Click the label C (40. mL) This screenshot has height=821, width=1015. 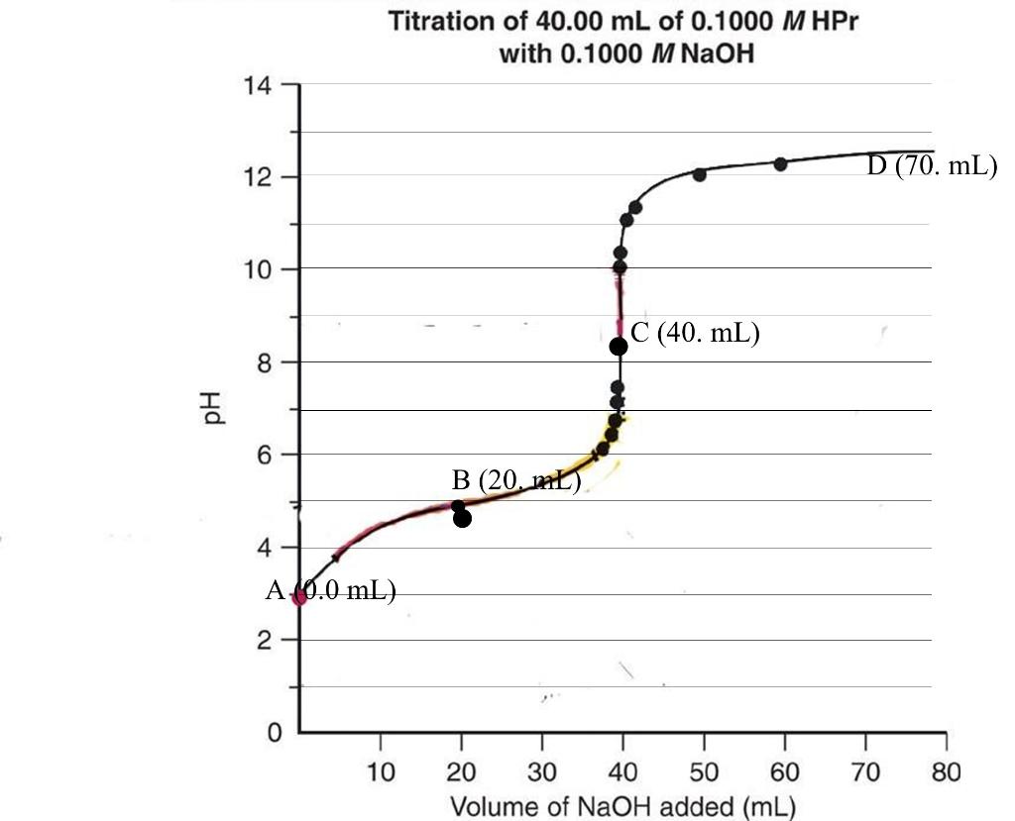point(695,334)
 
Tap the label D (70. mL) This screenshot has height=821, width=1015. point(932,166)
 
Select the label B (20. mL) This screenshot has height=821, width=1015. point(515,482)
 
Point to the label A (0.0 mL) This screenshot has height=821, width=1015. point(332,591)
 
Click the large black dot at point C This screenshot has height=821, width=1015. point(619,347)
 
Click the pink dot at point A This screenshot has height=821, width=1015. point(299,597)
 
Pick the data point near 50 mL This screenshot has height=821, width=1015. point(700,175)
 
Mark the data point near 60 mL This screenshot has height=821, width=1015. point(780,163)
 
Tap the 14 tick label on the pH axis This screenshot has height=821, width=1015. point(258,85)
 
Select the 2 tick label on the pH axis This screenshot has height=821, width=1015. point(264,641)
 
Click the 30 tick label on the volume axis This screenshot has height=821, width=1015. point(542,771)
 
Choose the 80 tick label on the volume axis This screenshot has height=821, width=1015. point(947,771)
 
